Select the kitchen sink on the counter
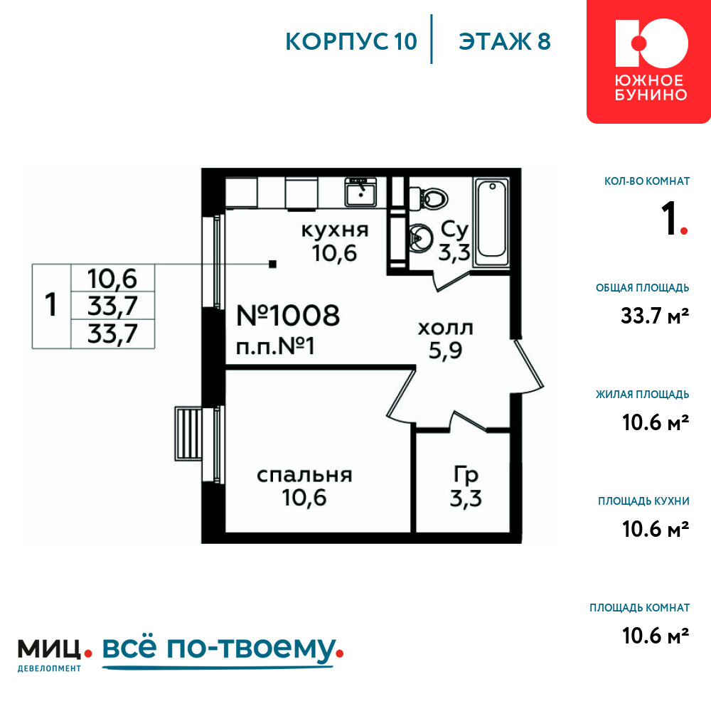pyautogui.click(x=361, y=192)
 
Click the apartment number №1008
pyautogui.click(x=288, y=316)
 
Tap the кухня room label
pyautogui.click(x=335, y=230)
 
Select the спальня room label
pyautogui.click(x=304, y=475)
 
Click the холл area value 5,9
pyautogui.click(x=445, y=350)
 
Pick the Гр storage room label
pyautogui.click(x=466, y=475)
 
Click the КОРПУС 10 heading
pyautogui.click(x=351, y=42)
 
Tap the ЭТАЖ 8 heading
pyautogui.click(x=505, y=42)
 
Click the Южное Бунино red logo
pyautogui.click(x=648, y=62)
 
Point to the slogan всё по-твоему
pyautogui.click(x=222, y=651)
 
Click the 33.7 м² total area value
pyautogui.click(x=655, y=316)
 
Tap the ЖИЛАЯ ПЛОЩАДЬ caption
pyautogui.click(x=642, y=394)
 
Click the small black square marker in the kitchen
pyautogui.click(x=272, y=264)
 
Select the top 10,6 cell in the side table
pyautogui.click(x=112, y=279)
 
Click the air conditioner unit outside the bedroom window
pyautogui.click(x=188, y=434)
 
